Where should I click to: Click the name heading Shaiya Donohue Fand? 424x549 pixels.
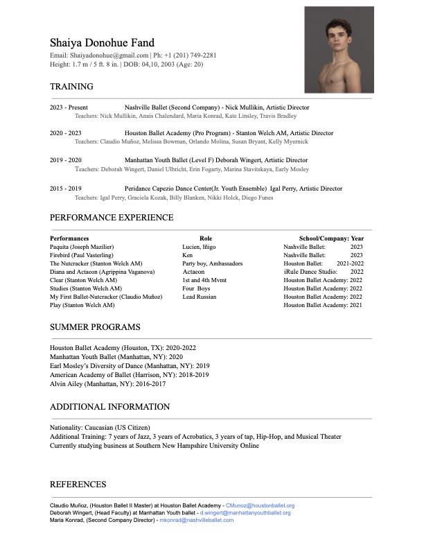102,43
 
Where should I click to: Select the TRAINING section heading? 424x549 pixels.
71,87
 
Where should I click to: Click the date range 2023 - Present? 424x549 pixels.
69,107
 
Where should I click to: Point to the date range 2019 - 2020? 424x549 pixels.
66,160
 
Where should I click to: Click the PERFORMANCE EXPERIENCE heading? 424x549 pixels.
112,218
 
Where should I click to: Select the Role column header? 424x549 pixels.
206,238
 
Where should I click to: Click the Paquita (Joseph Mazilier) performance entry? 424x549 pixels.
82,247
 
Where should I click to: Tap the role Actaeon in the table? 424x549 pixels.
193,272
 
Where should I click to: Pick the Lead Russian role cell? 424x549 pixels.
199,297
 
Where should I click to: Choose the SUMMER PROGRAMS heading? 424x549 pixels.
95,327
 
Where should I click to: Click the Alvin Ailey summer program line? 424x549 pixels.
107,383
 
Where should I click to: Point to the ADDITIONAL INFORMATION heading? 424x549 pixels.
109,407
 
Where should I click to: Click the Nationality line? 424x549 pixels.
100,428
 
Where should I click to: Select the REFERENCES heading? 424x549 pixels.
78,485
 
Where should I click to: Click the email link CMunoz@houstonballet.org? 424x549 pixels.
260,506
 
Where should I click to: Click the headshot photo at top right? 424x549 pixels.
339,49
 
